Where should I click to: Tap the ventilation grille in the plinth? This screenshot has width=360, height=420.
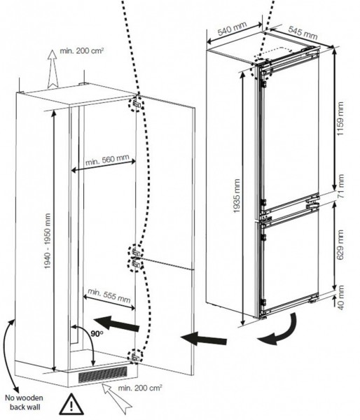coord(104,377)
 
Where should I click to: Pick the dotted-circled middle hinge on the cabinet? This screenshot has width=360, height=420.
coord(135,258)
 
